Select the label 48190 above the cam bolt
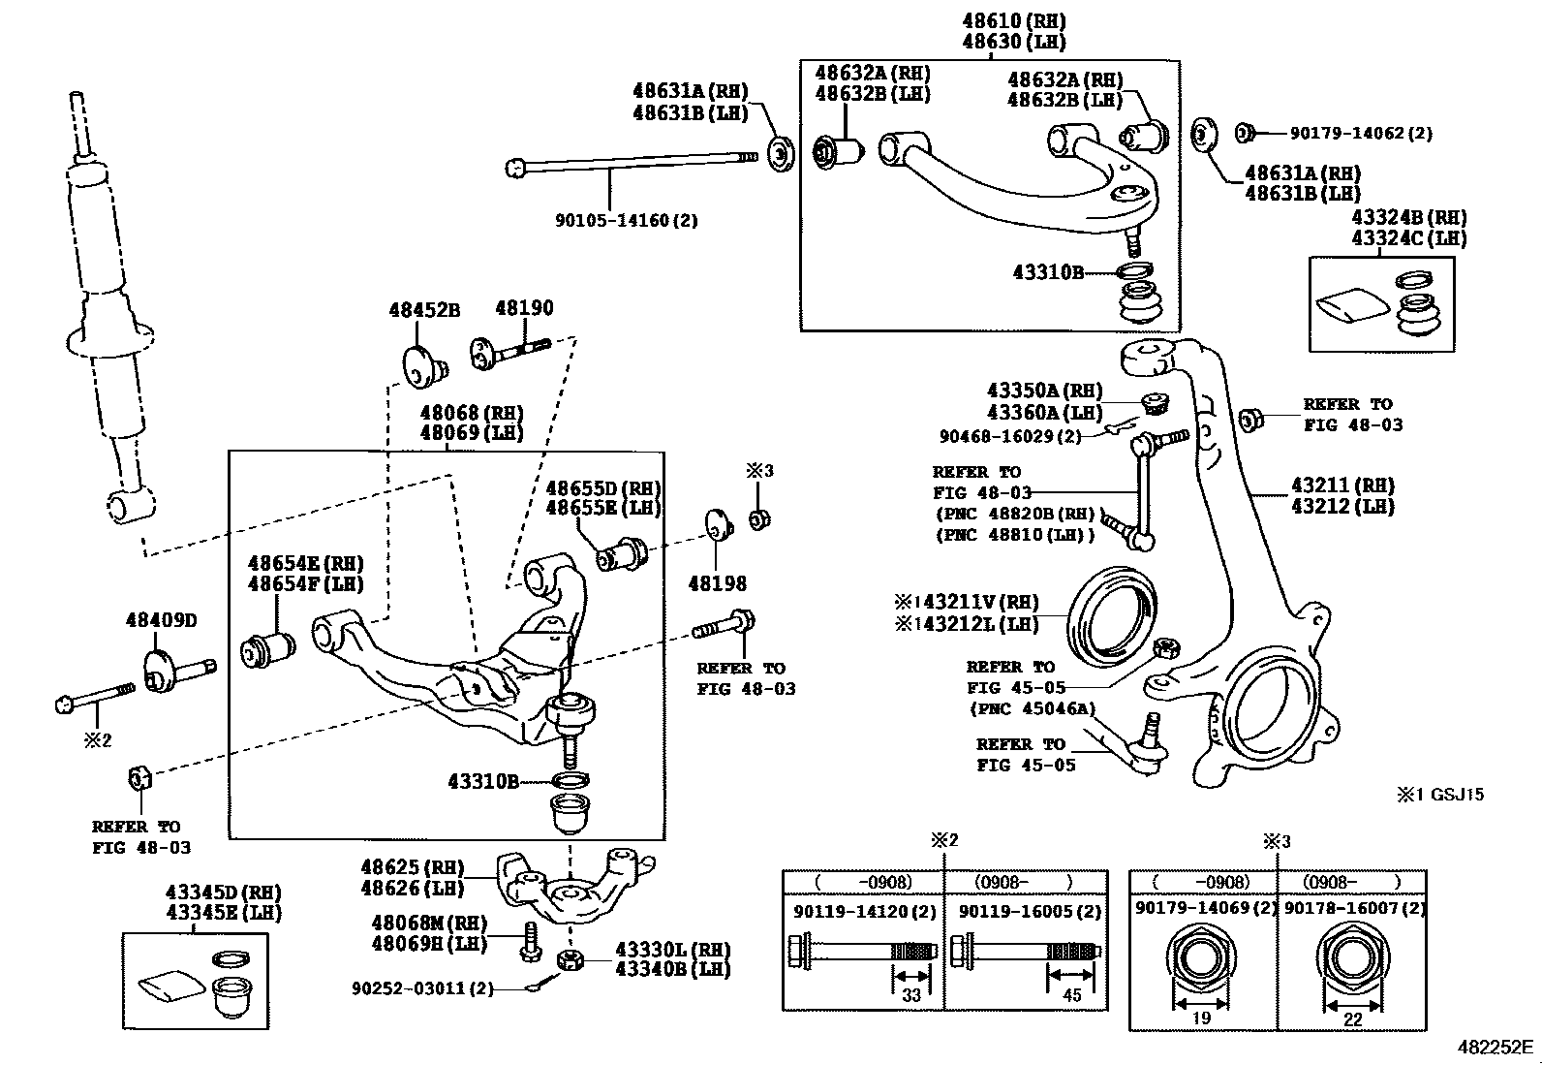click(x=524, y=308)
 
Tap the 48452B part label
click(x=424, y=310)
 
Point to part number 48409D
click(x=161, y=620)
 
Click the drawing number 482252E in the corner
click(x=1496, y=1048)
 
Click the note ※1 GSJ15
click(x=1440, y=795)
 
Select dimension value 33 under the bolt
click(x=911, y=994)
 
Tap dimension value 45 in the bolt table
click(x=1072, y=994)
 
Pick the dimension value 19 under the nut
click(x=1201, y=1018)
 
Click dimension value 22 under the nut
click(x=1353, y=1019)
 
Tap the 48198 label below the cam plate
click(x=718, y=584)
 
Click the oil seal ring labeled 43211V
click(x=1112, y=616)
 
